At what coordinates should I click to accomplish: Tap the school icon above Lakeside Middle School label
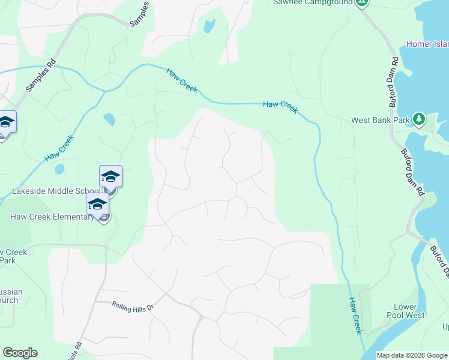coord(110,177)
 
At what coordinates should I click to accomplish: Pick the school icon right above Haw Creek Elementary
coord(97,205)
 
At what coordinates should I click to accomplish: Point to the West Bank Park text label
coord(381,120)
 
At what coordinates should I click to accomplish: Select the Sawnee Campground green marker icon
coord(361,2)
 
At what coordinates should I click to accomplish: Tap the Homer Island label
coord(427,44)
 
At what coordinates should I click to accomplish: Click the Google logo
coord(20,353)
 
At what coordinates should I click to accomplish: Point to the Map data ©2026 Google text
coord(411,355)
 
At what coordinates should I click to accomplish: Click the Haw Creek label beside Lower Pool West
coord(355,315)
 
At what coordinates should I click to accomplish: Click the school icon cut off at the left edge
coord(6,123)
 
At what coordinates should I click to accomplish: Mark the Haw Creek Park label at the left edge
coord(13,256)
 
